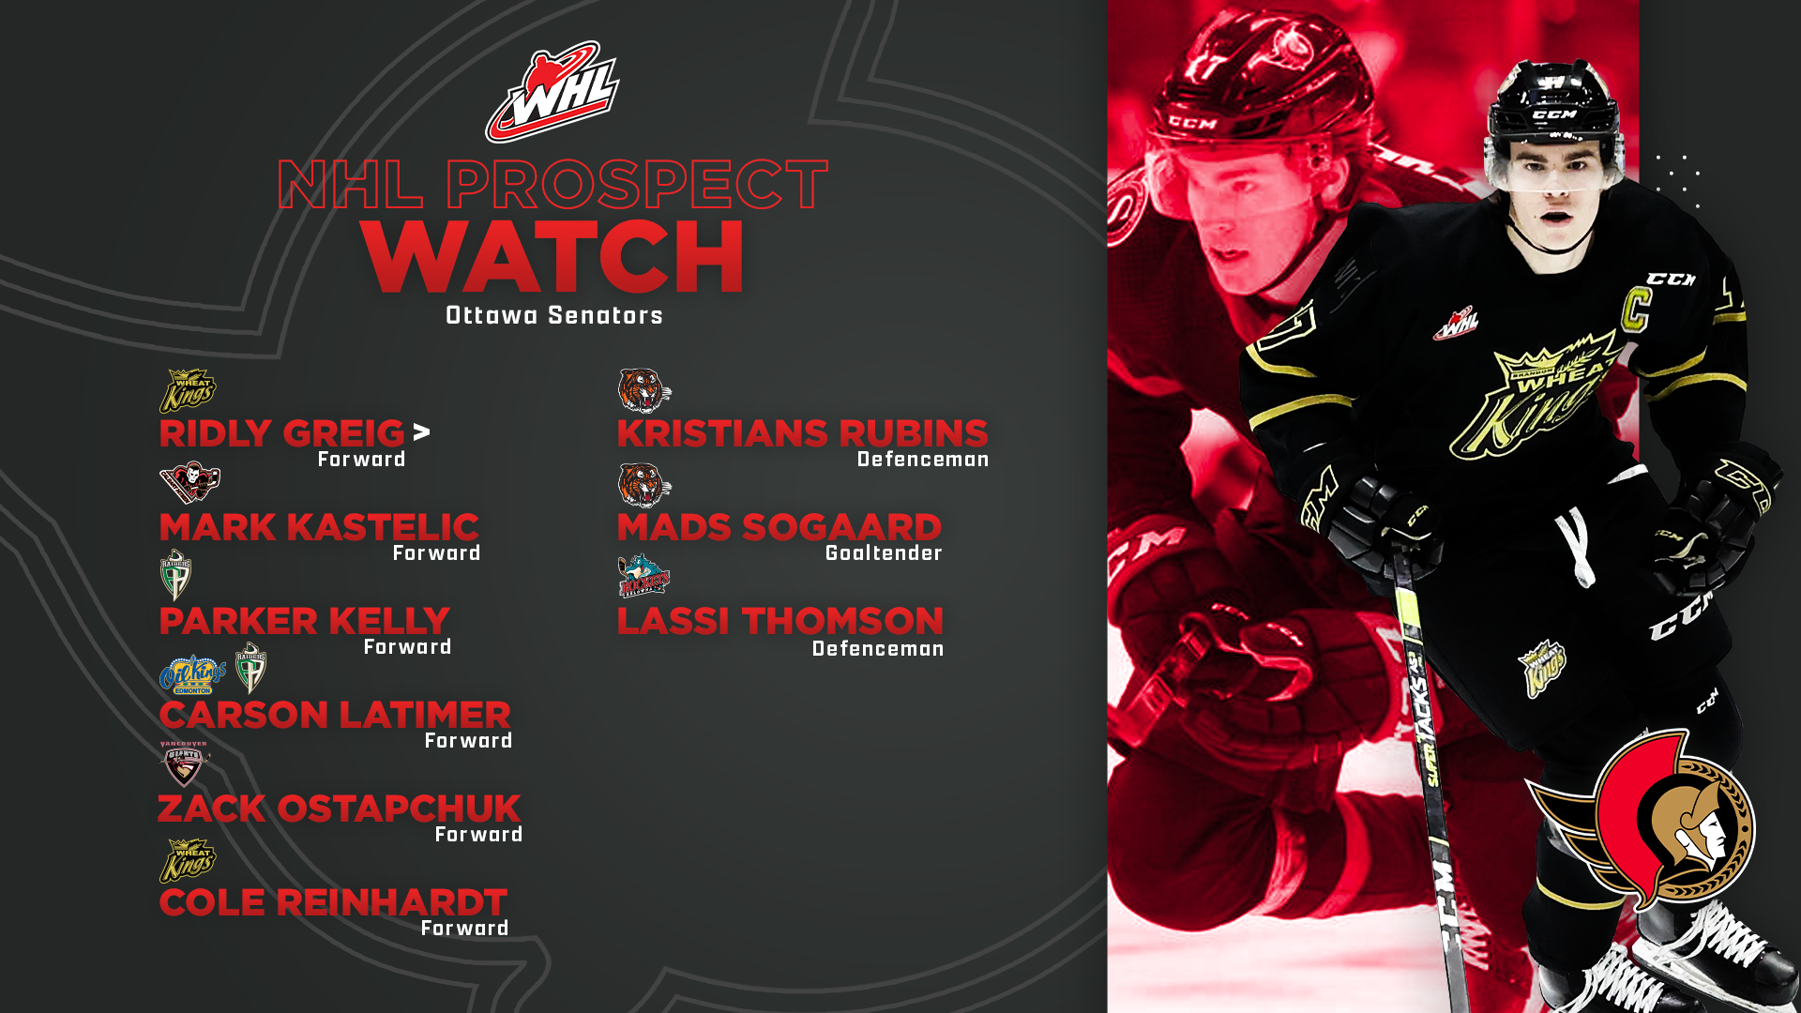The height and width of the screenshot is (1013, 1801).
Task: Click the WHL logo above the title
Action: (552, 91)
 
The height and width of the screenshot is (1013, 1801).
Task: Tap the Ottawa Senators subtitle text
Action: (554, 316)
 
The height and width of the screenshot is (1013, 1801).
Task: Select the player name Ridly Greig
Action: (281, 433)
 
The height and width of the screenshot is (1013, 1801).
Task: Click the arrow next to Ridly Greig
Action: (422, 431)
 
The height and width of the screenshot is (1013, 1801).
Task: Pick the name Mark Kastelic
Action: (319, 527)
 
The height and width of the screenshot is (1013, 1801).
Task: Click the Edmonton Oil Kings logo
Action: (192, 674)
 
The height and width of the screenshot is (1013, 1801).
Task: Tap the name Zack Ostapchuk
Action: (339, 809)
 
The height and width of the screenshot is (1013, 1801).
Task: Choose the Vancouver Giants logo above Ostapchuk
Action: (184, 764)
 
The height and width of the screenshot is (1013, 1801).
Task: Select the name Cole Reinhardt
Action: (333, 902)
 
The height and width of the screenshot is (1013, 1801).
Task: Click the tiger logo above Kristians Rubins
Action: (644, 390)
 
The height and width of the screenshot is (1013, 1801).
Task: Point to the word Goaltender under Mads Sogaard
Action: (884, 553)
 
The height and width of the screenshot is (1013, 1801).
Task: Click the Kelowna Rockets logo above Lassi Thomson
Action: (643, 576)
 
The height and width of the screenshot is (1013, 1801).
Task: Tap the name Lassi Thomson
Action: (780, 621)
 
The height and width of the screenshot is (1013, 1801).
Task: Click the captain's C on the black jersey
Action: (1636, 309)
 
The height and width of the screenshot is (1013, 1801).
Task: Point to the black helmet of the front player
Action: (1554, 108)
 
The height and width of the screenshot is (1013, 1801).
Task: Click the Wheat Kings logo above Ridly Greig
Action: (188, 390)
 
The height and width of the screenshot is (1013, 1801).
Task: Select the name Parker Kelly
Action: (305, 621)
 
